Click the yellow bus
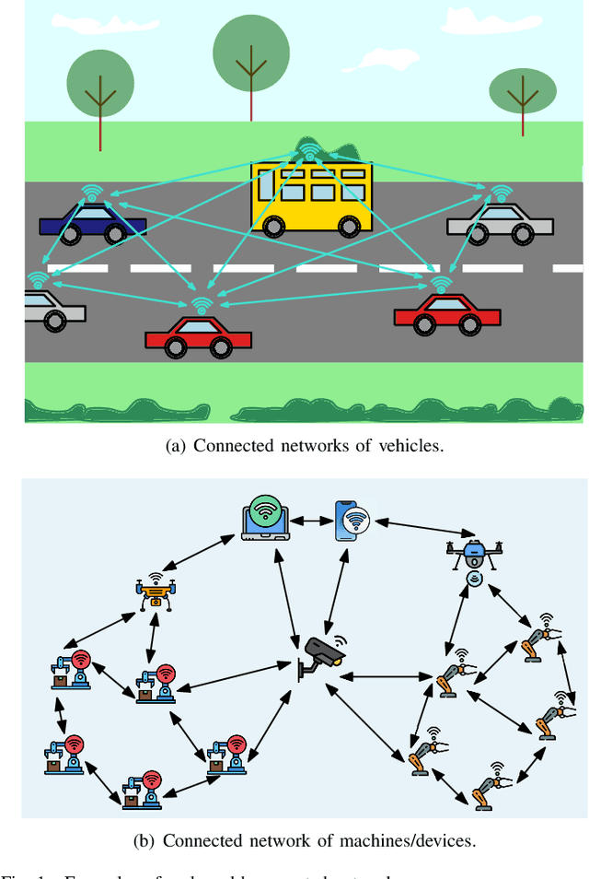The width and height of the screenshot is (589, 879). coord(312,196)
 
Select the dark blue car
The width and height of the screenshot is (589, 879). coord(92,221)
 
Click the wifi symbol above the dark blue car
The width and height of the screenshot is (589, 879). coord(92,192)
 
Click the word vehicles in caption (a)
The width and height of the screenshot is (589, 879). coord(411,446)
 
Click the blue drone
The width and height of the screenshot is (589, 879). coord(474,554)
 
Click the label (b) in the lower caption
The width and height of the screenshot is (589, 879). coord(174,840)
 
